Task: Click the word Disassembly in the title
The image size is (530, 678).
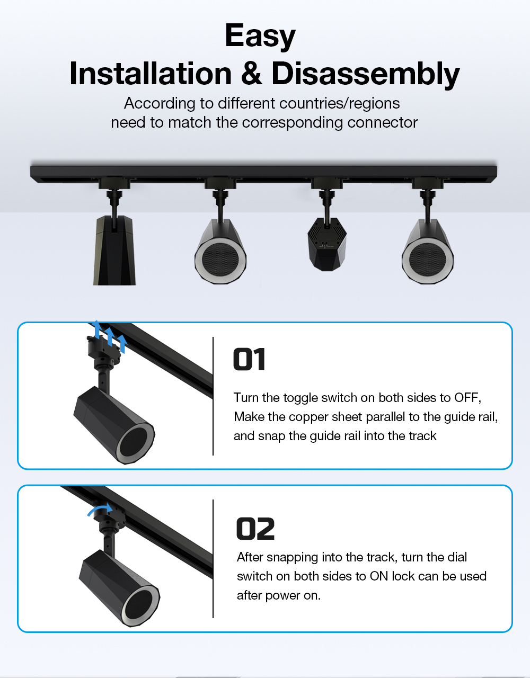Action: pos(366,74)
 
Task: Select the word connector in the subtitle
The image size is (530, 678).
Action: pos(382,122)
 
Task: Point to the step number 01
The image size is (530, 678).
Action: pos(249,359)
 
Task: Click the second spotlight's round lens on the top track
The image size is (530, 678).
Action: pos(220,259)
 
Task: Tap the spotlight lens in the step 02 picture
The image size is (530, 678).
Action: pos(141,607)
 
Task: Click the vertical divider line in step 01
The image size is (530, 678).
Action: pos(213,396)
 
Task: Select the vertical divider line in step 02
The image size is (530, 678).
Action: pos(213,559)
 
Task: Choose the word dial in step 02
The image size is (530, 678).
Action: pos(457,557)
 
